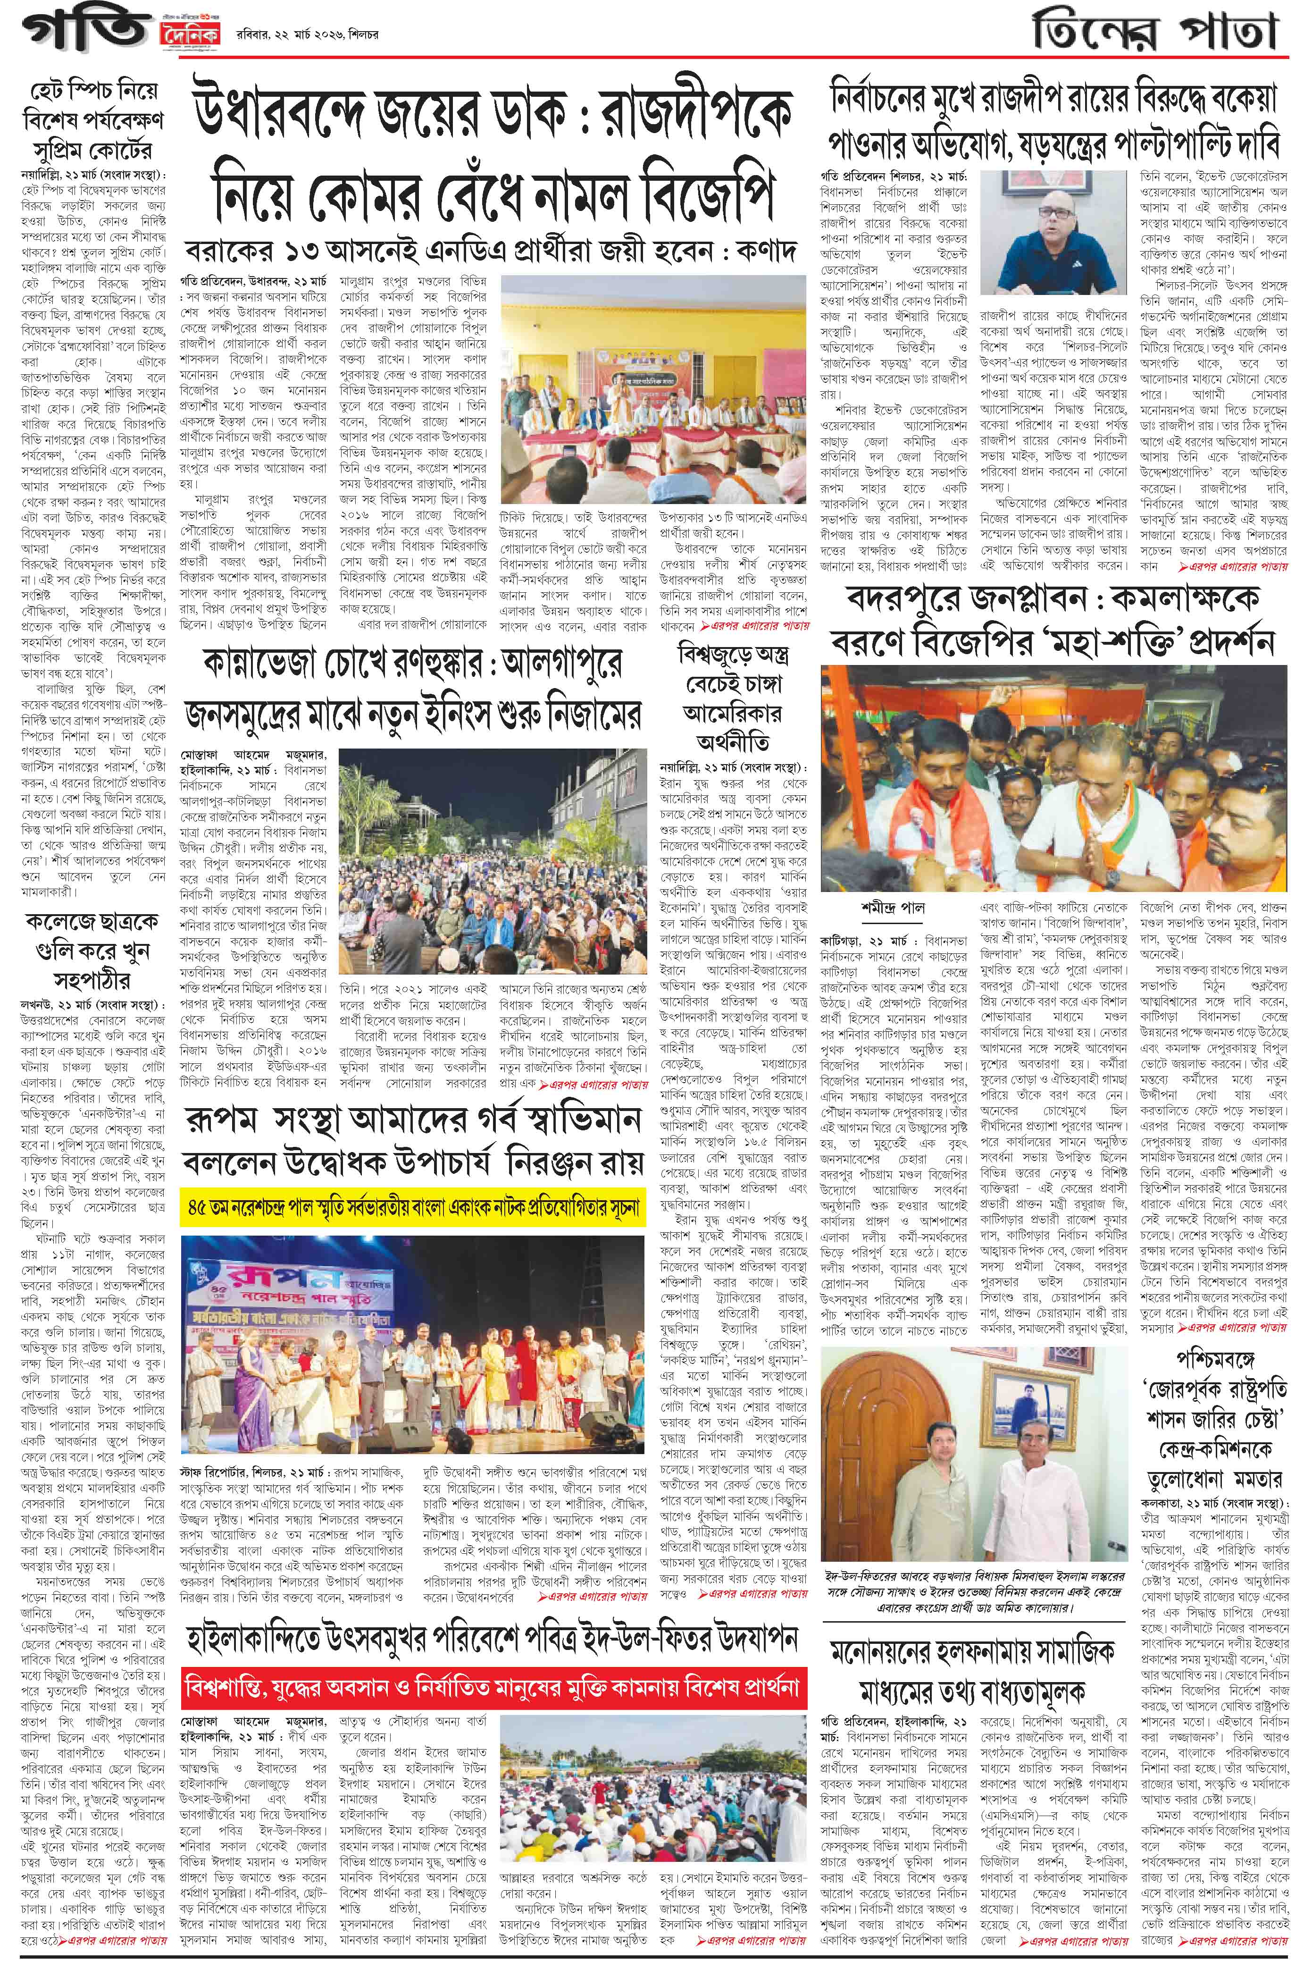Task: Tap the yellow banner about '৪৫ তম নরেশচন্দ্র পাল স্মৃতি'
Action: [412, 1208]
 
